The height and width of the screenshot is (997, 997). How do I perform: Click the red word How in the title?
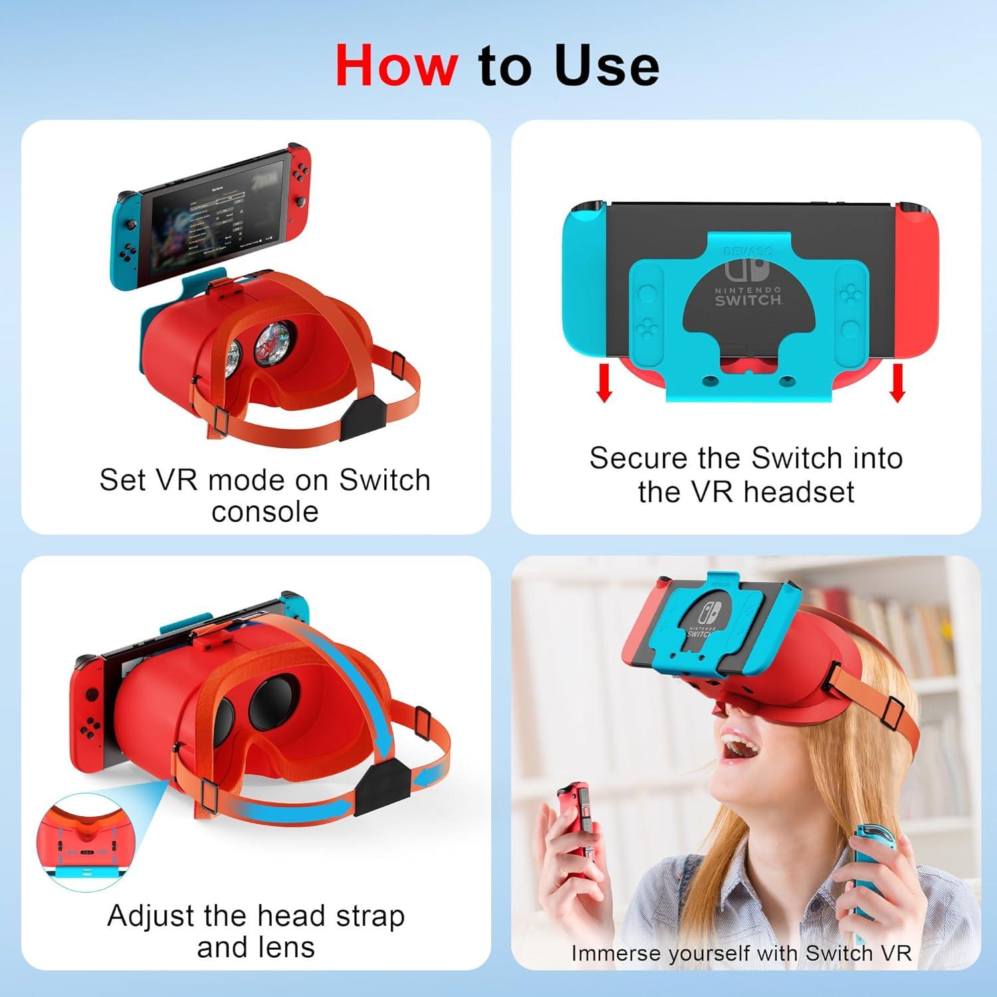(x=396, y=66)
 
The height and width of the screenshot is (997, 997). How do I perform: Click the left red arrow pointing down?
(x=604, y=384)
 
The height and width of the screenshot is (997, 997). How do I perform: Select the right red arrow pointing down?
(x=897, y=384)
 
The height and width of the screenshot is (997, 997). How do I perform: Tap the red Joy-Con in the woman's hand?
(x=573, y=821)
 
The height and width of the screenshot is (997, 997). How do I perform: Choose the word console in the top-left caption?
(x=265, y=512)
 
